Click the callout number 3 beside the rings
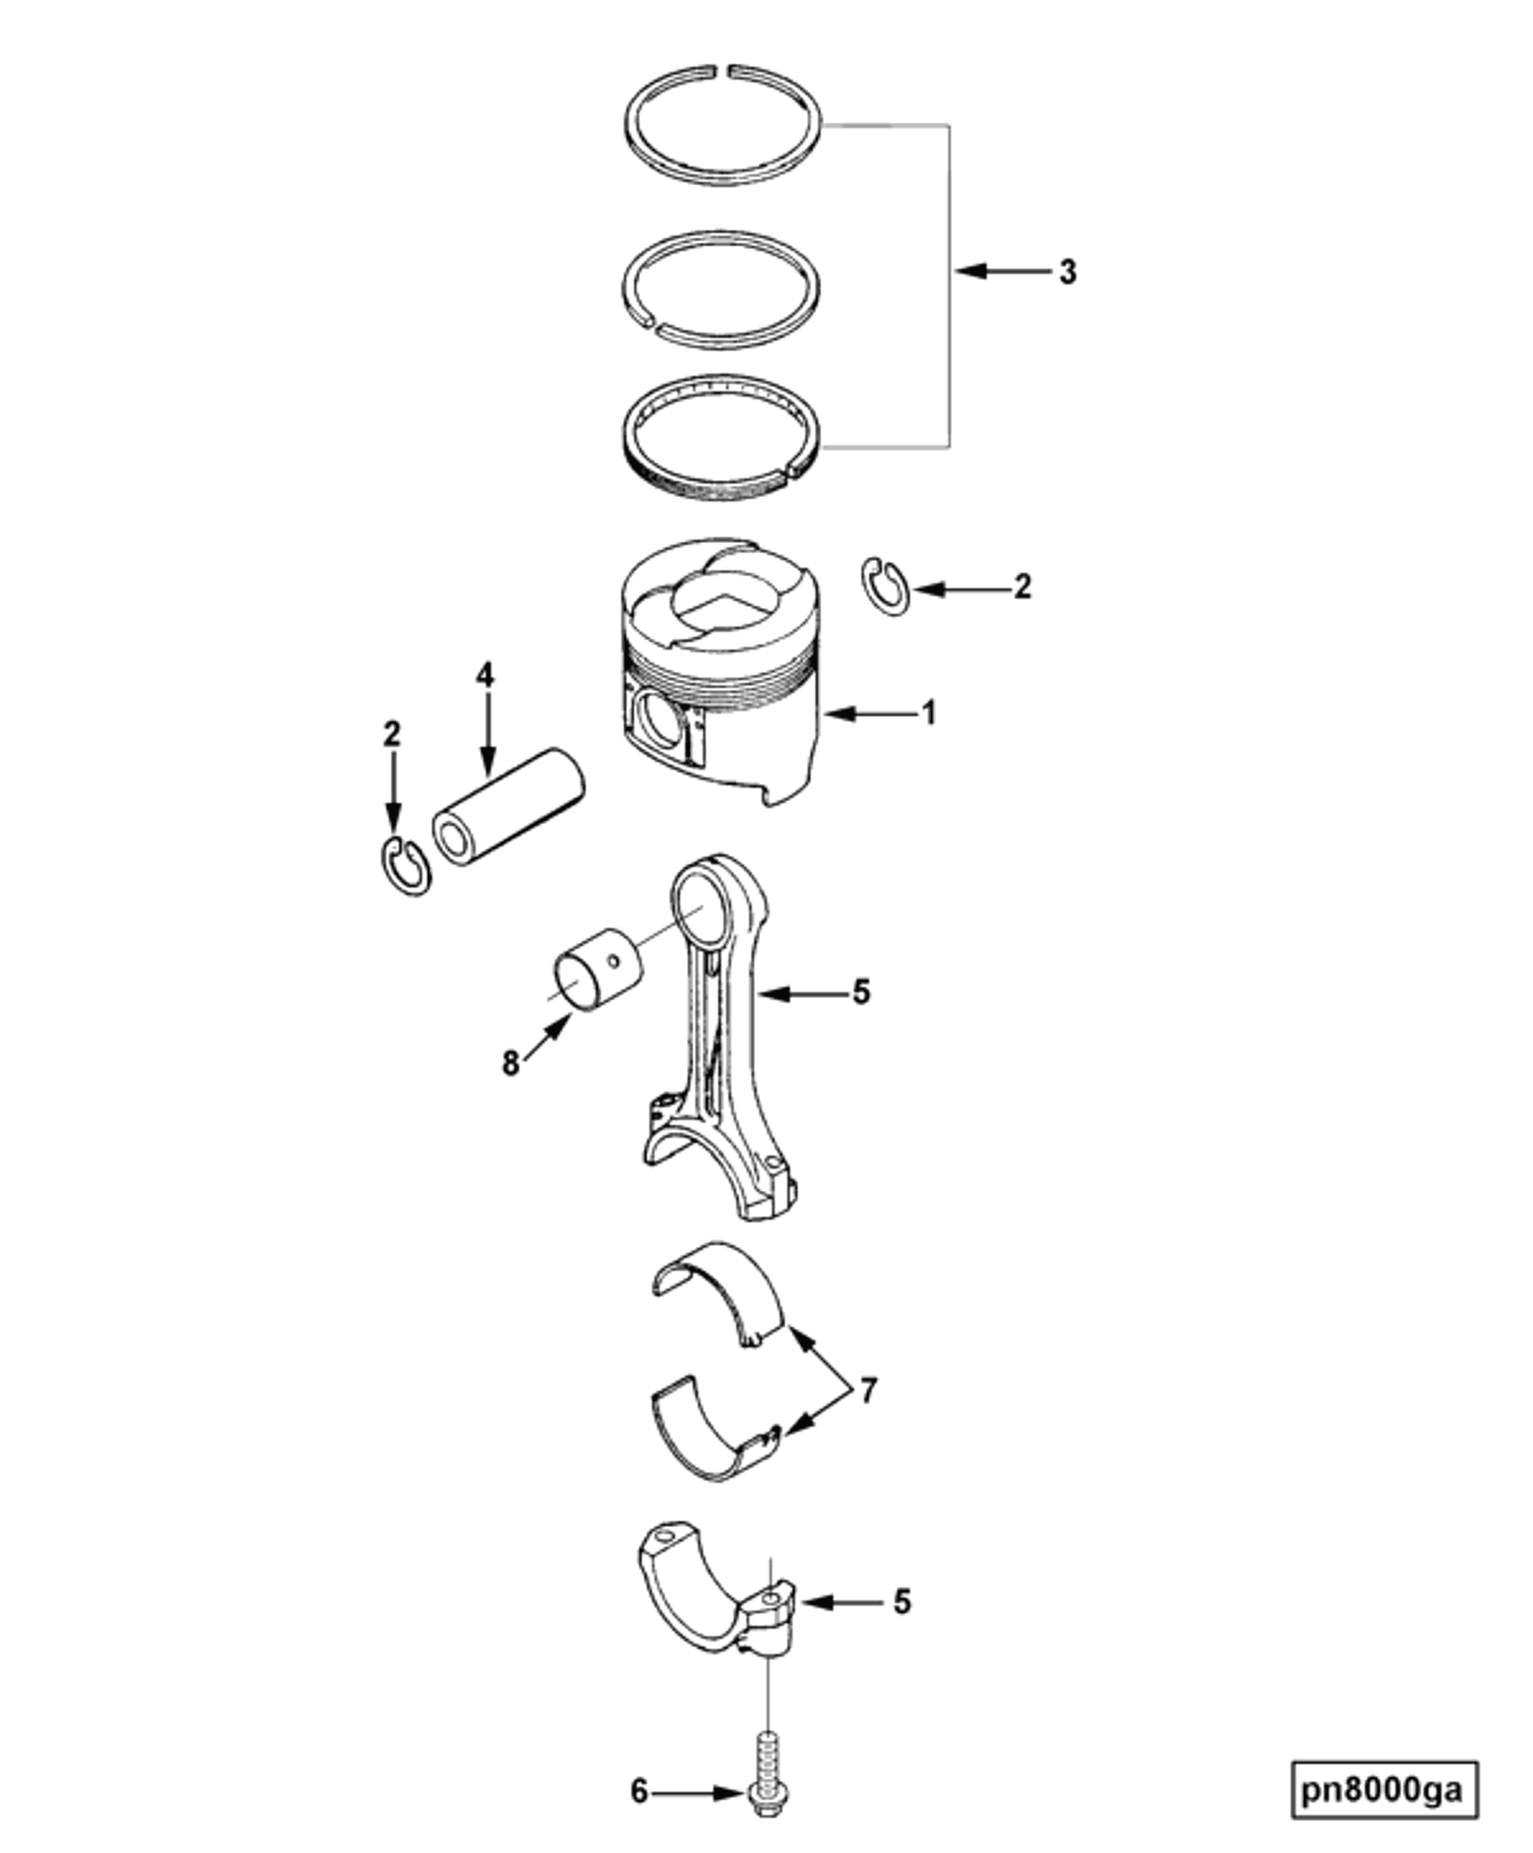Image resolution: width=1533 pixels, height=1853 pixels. [x=1067, y=272]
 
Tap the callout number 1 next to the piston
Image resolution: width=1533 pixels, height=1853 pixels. [x=929, y=713]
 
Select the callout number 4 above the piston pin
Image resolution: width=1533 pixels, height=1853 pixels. [x=485, y=675]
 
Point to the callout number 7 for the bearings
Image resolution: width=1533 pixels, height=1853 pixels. [x=868, y=1390]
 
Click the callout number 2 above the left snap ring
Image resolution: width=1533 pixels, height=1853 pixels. [x=392, y=735]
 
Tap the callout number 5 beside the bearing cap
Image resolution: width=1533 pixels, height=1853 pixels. [x=902, y=1601]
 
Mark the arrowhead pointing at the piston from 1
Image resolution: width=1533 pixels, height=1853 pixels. [x=832, y=714]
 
